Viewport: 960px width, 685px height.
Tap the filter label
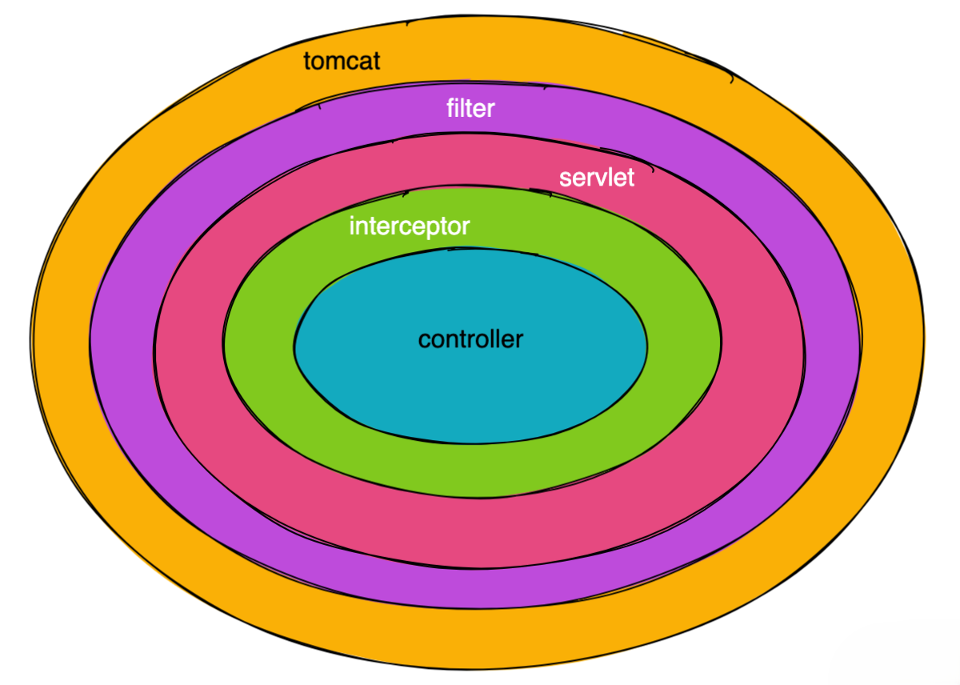(x=470, y=108)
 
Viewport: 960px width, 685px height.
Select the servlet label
(x=597, y=177)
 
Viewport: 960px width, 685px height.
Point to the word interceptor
(x=409, y=226)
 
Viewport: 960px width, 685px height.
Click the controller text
(x=470, y=339)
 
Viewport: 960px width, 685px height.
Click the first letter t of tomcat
(x=307, y=61)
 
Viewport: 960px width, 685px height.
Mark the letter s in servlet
(x=566, y=178)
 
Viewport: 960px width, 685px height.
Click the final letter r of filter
(x=490, y=109)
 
